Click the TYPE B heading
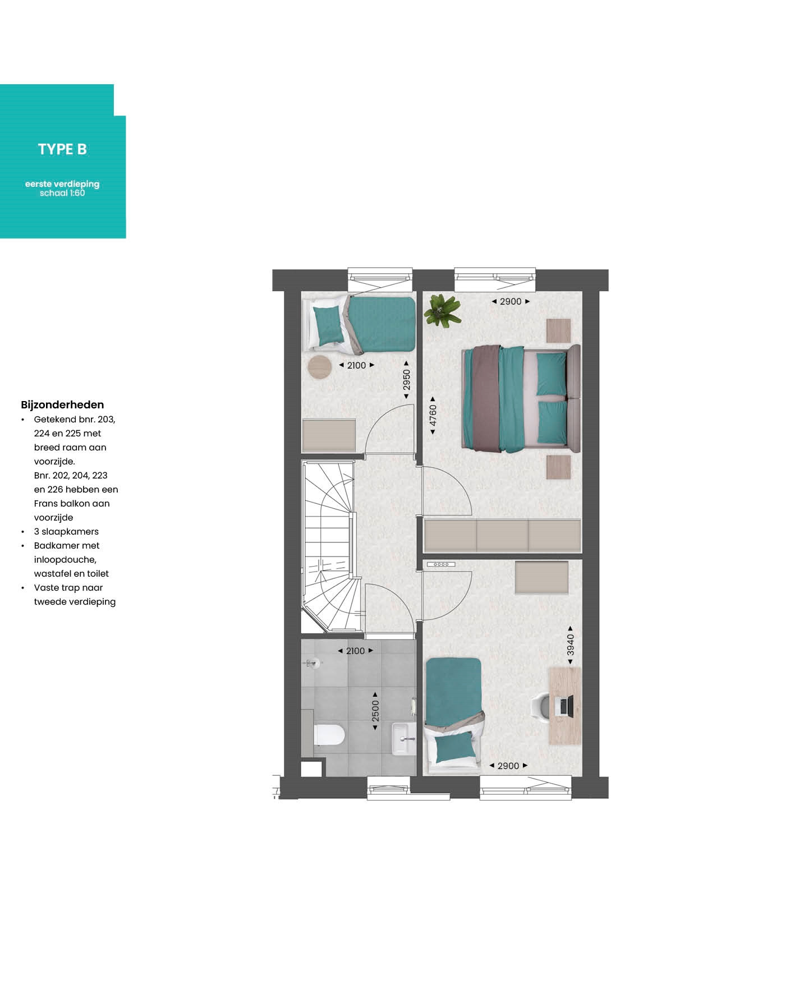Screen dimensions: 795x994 (62, 149)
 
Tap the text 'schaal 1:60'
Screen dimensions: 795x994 (62, 193)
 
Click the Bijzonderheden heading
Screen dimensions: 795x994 (62, 404)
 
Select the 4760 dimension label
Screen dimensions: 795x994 (433, 416)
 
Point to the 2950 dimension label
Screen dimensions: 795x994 (407, 380)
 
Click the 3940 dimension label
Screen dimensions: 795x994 (571, 645)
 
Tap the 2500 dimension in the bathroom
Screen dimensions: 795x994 (375, 711)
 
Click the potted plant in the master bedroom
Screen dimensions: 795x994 (443, 311)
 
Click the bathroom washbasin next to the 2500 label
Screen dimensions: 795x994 (403, 739)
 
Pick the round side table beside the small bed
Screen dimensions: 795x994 (320, 367)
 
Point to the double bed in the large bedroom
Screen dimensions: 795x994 (521, 399)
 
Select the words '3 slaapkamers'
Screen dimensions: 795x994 (66, 531)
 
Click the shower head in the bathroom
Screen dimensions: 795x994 (314, 664)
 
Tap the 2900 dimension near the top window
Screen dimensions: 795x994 (511, 301)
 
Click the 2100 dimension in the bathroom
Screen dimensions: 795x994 (355, 651)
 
